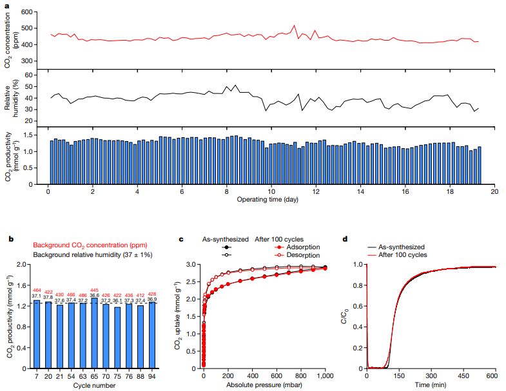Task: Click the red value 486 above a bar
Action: click(83, 294)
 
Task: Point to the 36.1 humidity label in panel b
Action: click(117, 301)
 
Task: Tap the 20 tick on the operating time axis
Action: click(494, 192)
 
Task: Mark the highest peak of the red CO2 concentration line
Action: click(294, 26)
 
